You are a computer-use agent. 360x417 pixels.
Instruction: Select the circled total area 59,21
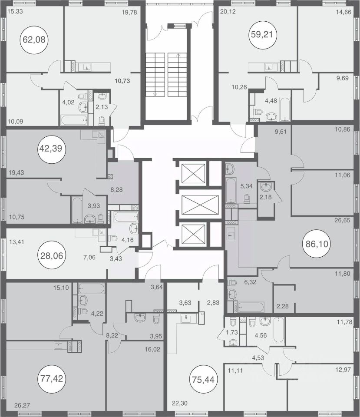pos(262,35)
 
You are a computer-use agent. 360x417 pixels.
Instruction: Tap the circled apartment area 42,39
pos(51,149)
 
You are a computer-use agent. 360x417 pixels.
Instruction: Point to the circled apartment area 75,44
pos(202,379)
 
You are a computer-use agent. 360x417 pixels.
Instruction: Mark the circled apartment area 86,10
pos(317,244)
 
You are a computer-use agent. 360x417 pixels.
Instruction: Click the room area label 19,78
pos(129,12)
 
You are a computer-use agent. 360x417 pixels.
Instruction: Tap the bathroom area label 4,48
pos(271,101)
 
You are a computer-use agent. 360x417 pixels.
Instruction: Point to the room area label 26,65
pos(342,221)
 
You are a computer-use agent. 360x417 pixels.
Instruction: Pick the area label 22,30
pos(179,404)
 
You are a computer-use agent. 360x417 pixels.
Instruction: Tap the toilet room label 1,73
pos(231,332)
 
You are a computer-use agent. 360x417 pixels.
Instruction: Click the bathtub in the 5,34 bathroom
pos(231,190)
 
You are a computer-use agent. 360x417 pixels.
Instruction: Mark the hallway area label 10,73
pos(122,81)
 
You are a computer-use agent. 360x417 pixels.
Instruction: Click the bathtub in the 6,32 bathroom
pos(251,307)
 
